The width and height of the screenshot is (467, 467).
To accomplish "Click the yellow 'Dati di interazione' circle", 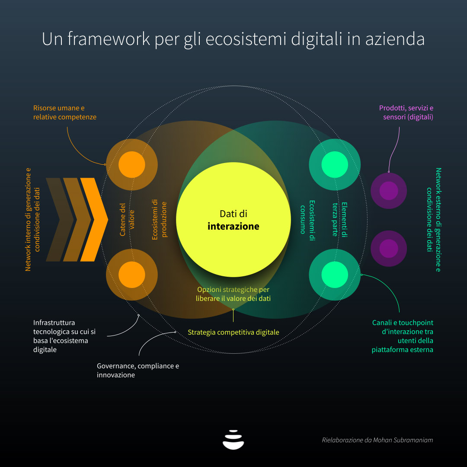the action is click(x=233, y=220).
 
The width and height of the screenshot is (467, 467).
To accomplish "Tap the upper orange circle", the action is click(x=131, y=164).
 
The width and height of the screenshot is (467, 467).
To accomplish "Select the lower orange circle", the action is click(x=131, y=275).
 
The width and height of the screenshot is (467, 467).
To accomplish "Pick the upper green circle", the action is click(x=335, y=164).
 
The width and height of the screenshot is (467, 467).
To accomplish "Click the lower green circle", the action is click(x=335, y=275).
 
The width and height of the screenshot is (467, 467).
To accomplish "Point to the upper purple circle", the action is click(x=389, y=191).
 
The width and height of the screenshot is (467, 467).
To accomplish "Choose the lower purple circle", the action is click(x=389, y=248).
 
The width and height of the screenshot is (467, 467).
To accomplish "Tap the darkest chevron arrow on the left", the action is click(x=60, y=220).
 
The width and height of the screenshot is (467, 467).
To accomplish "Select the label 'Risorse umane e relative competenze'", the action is click(x=64, y=112).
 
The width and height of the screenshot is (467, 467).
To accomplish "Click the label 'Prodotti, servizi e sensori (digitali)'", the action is click(x=406, y=112).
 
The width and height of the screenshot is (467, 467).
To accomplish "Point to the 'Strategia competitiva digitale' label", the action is click(x=233, y=332).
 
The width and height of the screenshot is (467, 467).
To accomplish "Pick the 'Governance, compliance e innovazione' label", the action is click(x=138, y=370).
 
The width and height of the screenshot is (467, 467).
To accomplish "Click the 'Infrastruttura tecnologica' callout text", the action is click(x=64, y=336).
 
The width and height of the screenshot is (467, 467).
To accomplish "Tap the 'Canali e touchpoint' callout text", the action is click(x=403, y=336).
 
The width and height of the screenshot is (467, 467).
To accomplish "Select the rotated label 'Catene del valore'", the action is click(x=127, y=220).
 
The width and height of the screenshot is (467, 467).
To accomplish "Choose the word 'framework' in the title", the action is click(x=109, y=39).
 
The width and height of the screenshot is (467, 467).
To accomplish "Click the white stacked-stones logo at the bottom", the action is click(x=233, y=440).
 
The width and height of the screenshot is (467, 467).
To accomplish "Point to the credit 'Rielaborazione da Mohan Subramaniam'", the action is click(x=377, y=440).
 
